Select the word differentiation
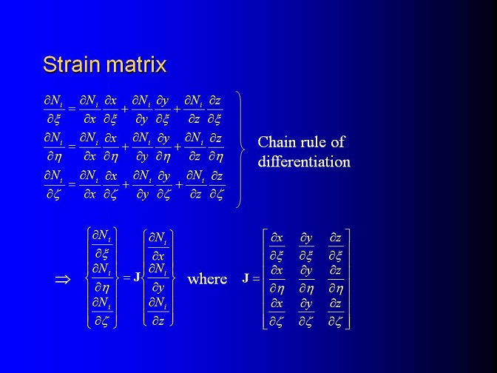pyautogui.click(x=304, y=161)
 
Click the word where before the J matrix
pyautogui.click(x=207, y=279)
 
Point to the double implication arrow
pyautogui.click(x=63, y=280)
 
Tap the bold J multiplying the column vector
pyautogui.click(x=137, y=278)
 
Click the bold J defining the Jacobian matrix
pyautogui.click(x=246, y=278)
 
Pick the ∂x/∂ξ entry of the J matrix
pyautogui.click(x=277, y=246)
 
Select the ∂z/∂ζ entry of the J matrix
pyautogui.click(x=336, y=313)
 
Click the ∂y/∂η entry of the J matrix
pyautogui.click(x=306, y=280)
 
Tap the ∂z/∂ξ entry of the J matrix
pyautogui.click(x=336, y=246)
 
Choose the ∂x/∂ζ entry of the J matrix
pyautogui.click(x=277, y=313)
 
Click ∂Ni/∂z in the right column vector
pyautogui.click(x=158, y=312)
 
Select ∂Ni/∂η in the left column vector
pyautogui.click(x=102, y=278)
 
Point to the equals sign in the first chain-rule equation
pyautogui.click(x=72, y=109)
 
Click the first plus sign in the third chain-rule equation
pyautogui.click(x=126, y=184)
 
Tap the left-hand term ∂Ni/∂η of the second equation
pyautogui.click(x=54, y=147)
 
